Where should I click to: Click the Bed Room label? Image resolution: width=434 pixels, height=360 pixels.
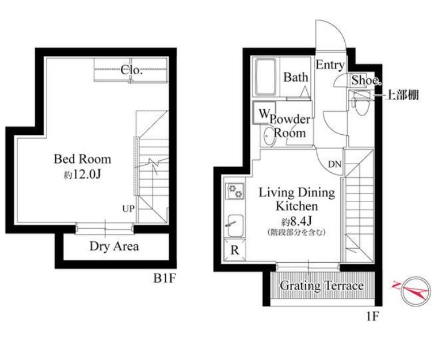click(82, 159)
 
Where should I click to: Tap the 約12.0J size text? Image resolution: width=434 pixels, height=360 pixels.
click(82, 174)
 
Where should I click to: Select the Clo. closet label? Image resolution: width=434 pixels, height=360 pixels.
click(131, 70)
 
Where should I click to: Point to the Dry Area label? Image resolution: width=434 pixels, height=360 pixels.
click(114, 246)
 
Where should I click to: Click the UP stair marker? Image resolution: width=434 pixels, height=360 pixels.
click(128, 209)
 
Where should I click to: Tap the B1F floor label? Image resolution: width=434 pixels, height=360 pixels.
click(165, 278)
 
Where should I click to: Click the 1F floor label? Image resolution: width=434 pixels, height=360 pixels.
click(372, 316)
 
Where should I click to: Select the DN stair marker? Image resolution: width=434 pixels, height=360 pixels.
click(334, 165)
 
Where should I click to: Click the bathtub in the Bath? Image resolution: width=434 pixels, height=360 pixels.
click(265, 77)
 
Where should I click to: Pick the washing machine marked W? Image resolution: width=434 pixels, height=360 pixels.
click(264, 113)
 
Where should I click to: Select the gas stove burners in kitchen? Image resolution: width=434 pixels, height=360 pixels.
click(235, 191)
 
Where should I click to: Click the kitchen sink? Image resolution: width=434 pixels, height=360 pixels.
click(234, 226)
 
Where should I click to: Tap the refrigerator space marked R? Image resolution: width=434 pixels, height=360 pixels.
click(235, 250)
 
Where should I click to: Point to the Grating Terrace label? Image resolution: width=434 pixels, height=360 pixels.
click(322, 286)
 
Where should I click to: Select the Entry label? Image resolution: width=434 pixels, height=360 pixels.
click(330, 65)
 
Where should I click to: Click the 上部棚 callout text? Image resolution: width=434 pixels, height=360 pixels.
click(402, 95)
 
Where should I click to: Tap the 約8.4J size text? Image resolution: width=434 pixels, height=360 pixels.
click(296, 221)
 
